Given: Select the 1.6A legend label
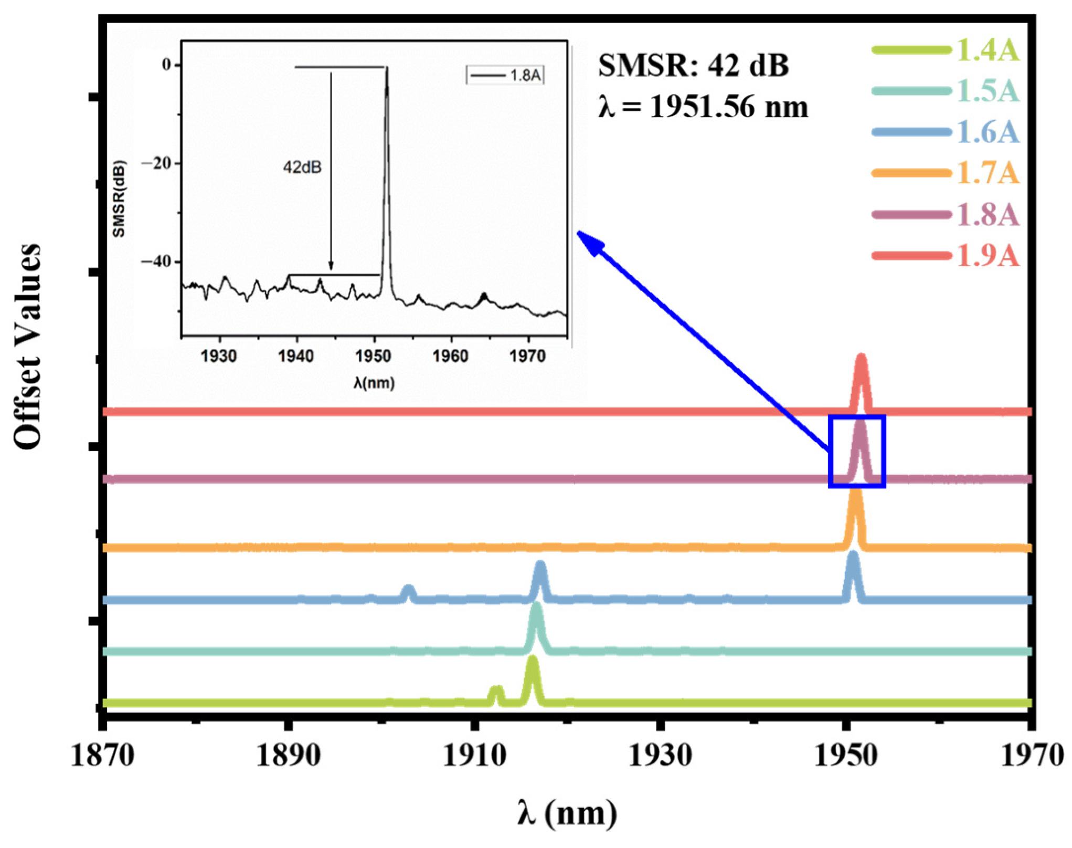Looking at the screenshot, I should point(986,132).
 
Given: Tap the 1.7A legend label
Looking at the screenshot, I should point(986,173).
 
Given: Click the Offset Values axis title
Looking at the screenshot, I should point(27,347).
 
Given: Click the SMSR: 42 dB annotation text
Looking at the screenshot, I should point(693,67).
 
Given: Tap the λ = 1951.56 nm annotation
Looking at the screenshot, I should point(703,108).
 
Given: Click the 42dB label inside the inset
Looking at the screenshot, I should point(302,167).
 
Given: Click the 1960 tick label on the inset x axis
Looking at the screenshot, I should point(450,357).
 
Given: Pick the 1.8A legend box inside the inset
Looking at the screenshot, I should point(505,76).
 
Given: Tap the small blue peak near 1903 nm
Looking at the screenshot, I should point(409,590).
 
